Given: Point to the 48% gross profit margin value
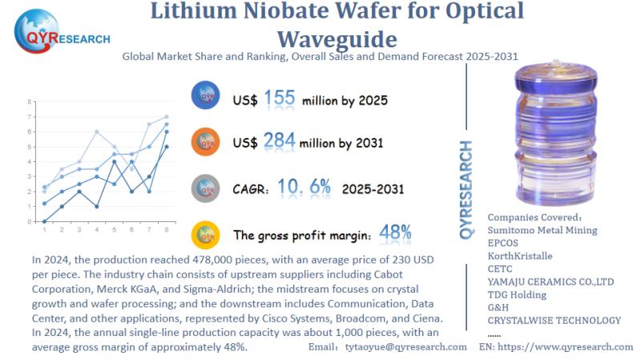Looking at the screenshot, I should tap(394, 233).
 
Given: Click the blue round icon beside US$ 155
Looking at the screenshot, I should tap(207, 97).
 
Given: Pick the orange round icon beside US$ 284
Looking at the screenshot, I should tap(207, 143).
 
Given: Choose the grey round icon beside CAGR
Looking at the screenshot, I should tap(207, 188).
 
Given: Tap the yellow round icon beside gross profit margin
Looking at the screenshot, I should tap(207, 235).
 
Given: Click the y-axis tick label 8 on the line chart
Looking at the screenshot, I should tap(30, 102).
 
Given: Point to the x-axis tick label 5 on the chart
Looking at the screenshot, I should tap(115, 230).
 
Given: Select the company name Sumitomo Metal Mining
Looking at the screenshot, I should tap(542, 231).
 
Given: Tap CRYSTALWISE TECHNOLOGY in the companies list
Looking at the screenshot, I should tap(554, 321).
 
